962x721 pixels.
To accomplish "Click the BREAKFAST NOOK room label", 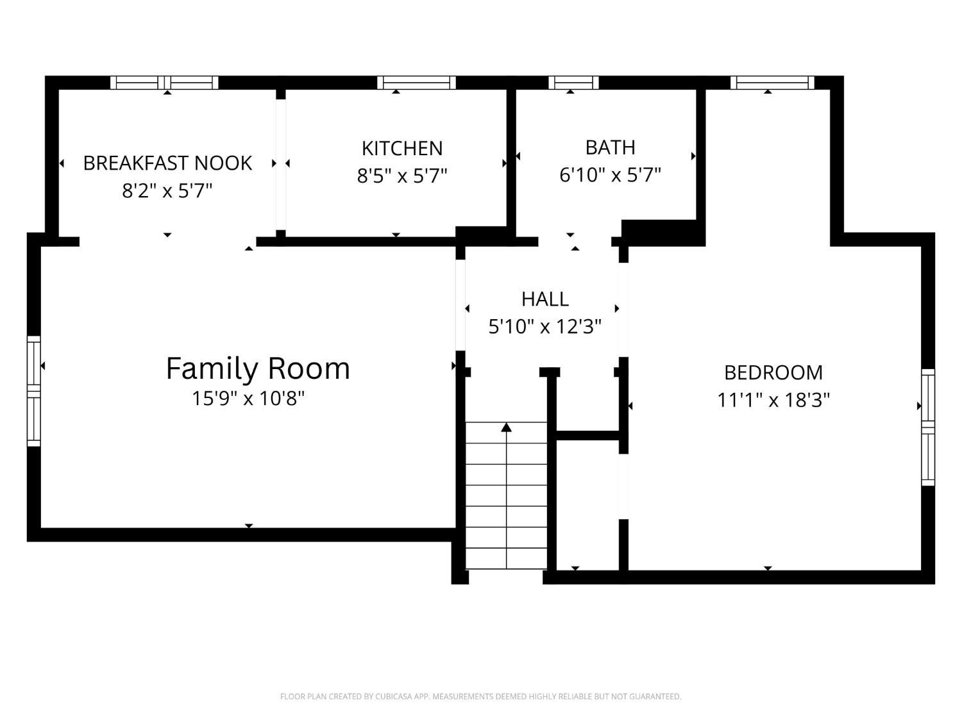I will click(167, 163).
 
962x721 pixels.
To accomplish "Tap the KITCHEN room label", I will click(402, 148).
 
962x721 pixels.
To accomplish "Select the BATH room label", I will click(610, 147).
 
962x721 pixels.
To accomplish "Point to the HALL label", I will click(544, 299).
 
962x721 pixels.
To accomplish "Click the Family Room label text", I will click(258, 368).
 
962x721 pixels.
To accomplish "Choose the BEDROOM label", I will click(773, 372).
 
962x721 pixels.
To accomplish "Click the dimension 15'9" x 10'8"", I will click(248, 399).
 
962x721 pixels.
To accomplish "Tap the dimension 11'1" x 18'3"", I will click(773, 400).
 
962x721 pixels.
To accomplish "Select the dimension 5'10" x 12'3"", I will click(544, 327).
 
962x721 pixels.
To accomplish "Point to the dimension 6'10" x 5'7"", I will click(610, 174).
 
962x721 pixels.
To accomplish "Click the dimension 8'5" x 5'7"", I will click(402, 176).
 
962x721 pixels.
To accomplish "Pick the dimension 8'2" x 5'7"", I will click(167, 190).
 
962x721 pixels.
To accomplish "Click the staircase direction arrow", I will click(507, 427).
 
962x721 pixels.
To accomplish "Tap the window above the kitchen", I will click(416, 83).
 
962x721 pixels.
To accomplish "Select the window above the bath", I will click(573, 83).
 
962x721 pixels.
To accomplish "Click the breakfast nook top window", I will click(164, 83).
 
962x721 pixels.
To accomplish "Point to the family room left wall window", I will click(33, 390).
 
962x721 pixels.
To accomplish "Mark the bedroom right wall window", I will click(928, 427).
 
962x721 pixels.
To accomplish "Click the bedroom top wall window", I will click(772, 83).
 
